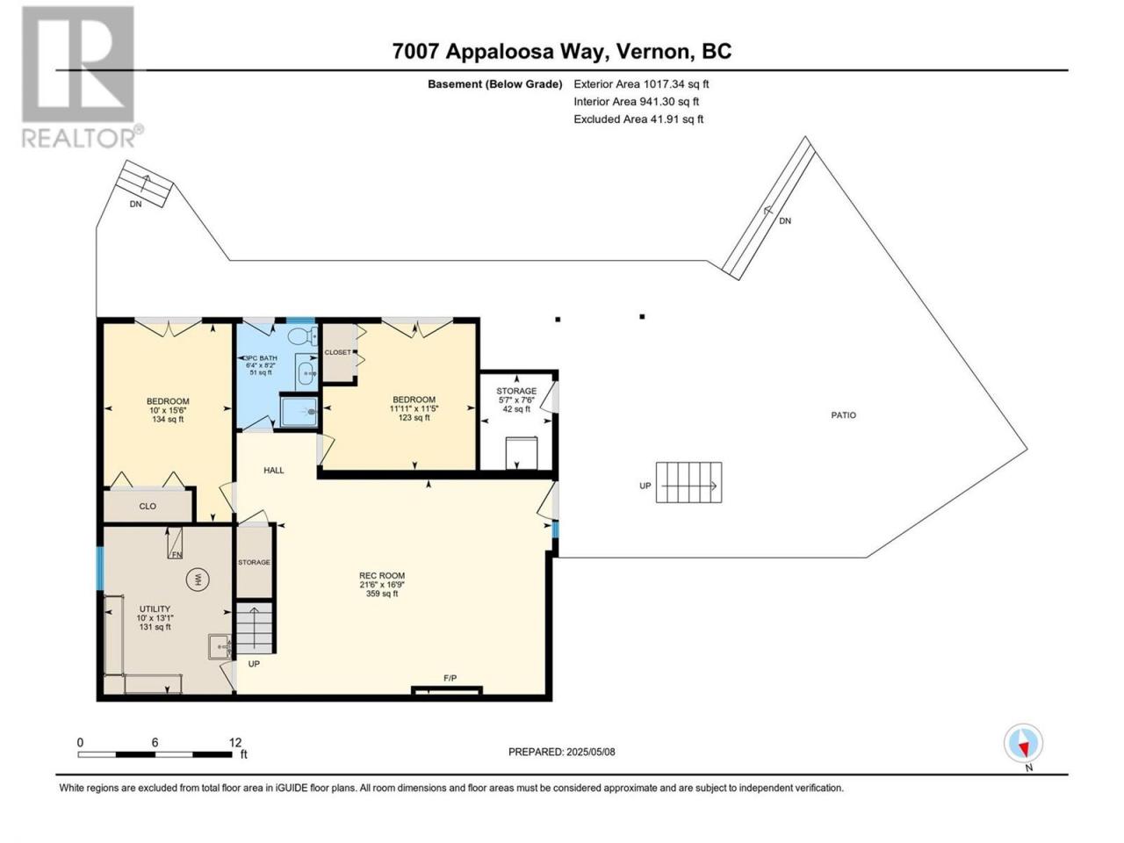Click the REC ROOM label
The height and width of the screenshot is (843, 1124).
click(x=382, y=575)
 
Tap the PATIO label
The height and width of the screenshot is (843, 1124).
click(x=843, y=415)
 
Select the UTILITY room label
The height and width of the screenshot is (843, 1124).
click(x=155, y=609)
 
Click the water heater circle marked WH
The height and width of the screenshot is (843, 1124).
click(x=198, y=580)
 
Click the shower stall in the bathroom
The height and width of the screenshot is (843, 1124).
click(x=299, y=411)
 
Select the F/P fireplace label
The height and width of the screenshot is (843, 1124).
click(x=450, y=678)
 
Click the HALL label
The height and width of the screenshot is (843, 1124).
click(x=274, y=471)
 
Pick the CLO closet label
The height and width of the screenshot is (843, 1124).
click(x=148, y=506)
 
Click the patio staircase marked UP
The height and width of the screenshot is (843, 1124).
click(x=689, y=483)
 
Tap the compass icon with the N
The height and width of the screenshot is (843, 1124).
click(x=1023, y=743)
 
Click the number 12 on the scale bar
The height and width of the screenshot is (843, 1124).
click(x=235, y=742)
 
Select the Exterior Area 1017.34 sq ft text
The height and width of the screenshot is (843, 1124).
click(x=641, y=84)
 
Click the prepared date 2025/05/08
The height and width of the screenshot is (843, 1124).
click(x=590, y=752)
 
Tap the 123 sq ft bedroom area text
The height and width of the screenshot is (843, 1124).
click(x=414, y=418)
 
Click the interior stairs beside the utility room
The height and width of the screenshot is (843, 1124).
click(x=255, y=628)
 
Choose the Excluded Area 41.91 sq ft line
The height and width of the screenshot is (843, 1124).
click(x=638, y=119)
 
